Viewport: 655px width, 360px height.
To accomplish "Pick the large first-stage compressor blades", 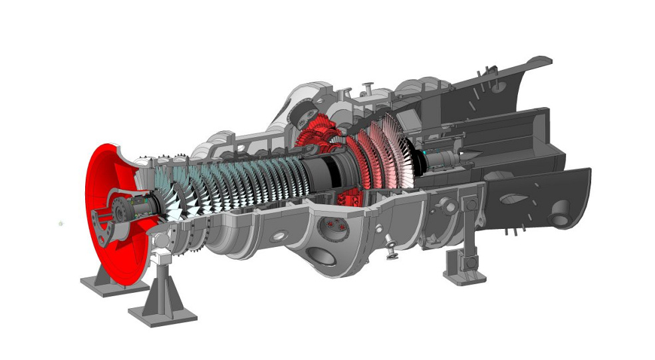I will [x=166, y=200].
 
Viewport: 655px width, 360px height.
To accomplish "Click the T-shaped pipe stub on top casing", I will [x=366, y=88].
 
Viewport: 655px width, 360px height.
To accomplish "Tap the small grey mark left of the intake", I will [x=61, y=224].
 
